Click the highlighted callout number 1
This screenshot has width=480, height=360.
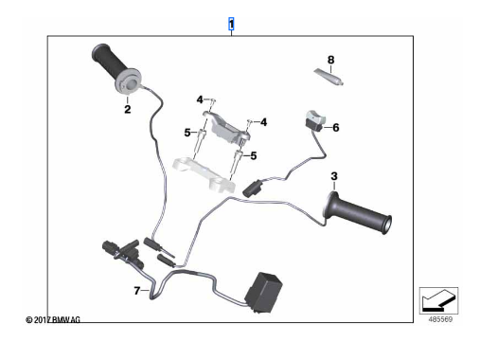pos(231,24)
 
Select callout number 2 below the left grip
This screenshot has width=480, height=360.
pos(128,109)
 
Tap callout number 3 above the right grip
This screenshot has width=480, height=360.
pos(334,176)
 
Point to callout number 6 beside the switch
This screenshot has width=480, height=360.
pos(336,128)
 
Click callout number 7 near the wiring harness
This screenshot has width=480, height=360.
pos(137,291)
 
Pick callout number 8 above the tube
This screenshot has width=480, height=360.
pos(330,60)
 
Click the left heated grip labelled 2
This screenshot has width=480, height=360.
pos(116,69)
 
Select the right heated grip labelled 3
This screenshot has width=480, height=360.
pos(357,212)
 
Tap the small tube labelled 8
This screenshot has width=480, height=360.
pos(329,77)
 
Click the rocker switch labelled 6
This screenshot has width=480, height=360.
pos(314,120)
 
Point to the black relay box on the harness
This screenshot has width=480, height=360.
pos(264,293)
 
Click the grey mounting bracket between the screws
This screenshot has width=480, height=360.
pos(226,127)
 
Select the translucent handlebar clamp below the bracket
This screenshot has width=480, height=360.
pos(204,174)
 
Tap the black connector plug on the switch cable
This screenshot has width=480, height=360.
pos(252,188)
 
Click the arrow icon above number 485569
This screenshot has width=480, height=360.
pos(438,300)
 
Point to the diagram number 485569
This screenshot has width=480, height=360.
pos(440,319)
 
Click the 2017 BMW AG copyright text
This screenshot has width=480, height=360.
pos(53,320)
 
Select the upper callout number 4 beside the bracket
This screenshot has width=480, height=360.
pos(200,99)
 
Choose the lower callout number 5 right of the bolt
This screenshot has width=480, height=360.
pos(254,155)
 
